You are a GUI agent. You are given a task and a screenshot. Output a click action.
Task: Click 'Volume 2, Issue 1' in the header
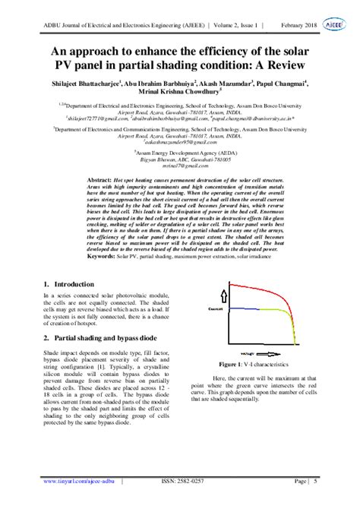(x=227, y=23)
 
